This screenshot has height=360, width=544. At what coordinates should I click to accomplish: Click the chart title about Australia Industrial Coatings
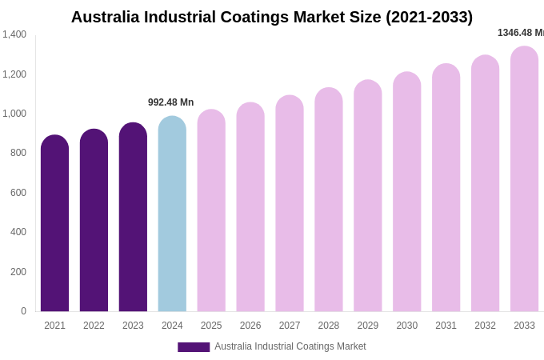tap(272, 17)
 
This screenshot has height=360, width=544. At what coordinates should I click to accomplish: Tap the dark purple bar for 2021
tap(54, 224)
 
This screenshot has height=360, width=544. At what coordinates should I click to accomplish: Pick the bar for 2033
tap(524, 179)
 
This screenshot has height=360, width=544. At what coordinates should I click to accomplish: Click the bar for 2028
tap(328, 200)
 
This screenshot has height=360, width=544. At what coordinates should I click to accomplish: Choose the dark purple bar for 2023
tap(133, 218)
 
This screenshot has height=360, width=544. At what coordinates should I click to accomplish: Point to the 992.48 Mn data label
tap(170, 102)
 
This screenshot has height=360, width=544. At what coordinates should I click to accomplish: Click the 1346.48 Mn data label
tap(520, 33)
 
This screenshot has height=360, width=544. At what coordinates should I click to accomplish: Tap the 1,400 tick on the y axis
tap(14, 34)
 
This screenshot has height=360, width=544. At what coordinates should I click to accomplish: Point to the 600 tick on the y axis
tap(18, 193)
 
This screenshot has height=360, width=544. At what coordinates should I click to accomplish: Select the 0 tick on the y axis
tap(23, 311)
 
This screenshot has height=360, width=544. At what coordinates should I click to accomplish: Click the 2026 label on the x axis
tap(250, 326)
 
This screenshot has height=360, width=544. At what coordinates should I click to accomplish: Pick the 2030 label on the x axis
tap(406, 326)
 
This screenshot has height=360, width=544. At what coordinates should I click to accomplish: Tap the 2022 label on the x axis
tap(94, 326)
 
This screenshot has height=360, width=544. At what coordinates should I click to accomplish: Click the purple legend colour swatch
tap(194, 347)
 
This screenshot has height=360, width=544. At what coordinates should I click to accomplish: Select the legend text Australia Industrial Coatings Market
tap(290, 346)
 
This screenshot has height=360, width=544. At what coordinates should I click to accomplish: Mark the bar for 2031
tap(446, 188)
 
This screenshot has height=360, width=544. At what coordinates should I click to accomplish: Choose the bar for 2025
tap(211, 211)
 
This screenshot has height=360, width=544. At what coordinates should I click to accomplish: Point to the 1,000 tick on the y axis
tap(14, 114)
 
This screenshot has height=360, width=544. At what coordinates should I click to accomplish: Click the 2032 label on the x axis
tap(485, 326)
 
